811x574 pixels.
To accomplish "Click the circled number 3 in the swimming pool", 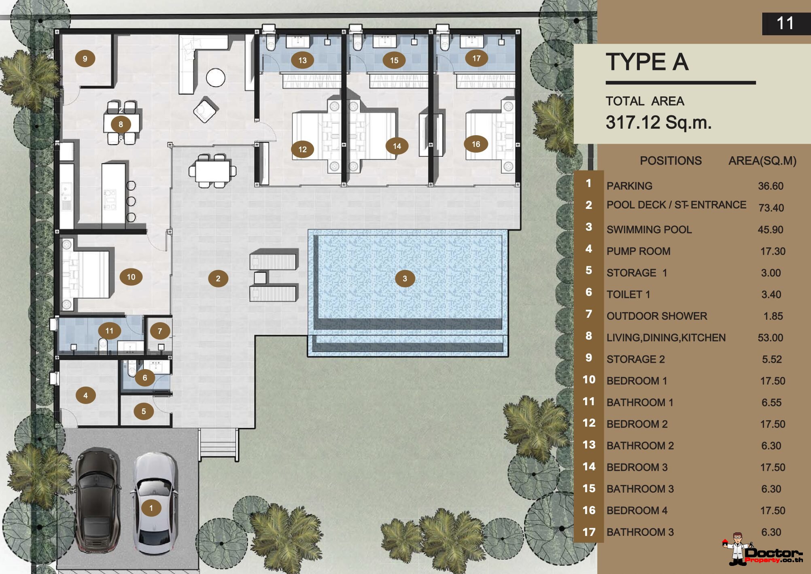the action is [405, 278].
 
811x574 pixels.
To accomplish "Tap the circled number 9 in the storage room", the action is [85, 58].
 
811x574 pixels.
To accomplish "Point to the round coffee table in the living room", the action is [216, 77].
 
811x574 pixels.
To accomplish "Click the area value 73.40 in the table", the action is [771, 208].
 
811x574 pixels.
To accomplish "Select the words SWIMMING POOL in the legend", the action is [649, 230].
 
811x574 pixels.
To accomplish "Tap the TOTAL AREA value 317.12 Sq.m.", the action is [658, 122].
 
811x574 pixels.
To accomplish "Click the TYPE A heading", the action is [647, 62].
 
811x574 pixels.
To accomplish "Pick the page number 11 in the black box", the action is [785, 23].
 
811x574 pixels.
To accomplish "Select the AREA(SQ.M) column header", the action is [762, 161].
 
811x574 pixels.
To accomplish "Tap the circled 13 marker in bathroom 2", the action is [302, 60].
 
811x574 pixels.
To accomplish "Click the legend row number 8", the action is [589, 336].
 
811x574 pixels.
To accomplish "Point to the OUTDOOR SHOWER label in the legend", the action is [657, 316].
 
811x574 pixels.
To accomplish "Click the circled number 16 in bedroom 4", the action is [476, 144].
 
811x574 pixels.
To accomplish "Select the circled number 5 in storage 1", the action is [144, 411].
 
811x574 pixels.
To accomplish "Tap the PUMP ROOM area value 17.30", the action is [773, 251].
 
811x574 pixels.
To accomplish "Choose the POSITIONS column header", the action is [671, 161].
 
